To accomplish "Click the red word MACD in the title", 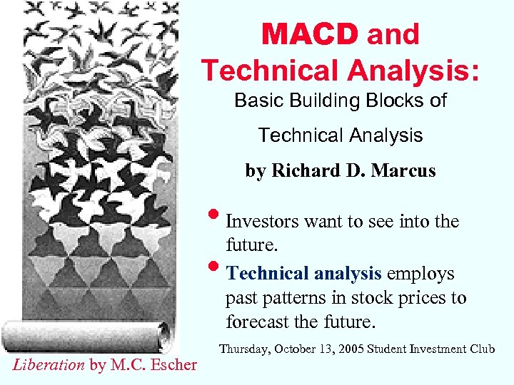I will pyautogui.click(x=310, y=34).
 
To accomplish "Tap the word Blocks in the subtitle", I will pyautogui.click(x=399, y=101).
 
